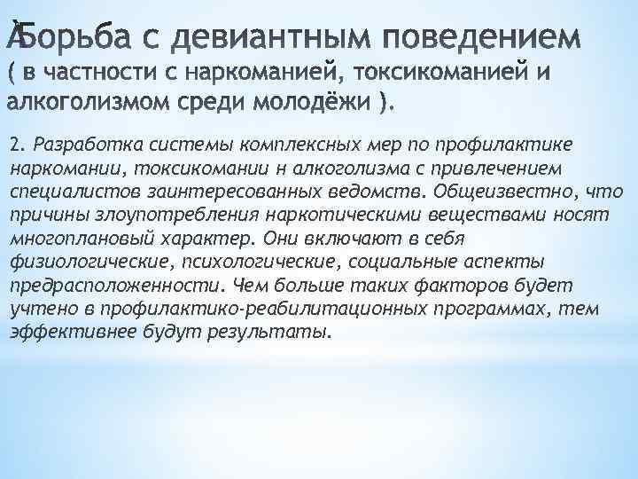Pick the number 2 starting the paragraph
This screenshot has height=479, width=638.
[13, 145]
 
